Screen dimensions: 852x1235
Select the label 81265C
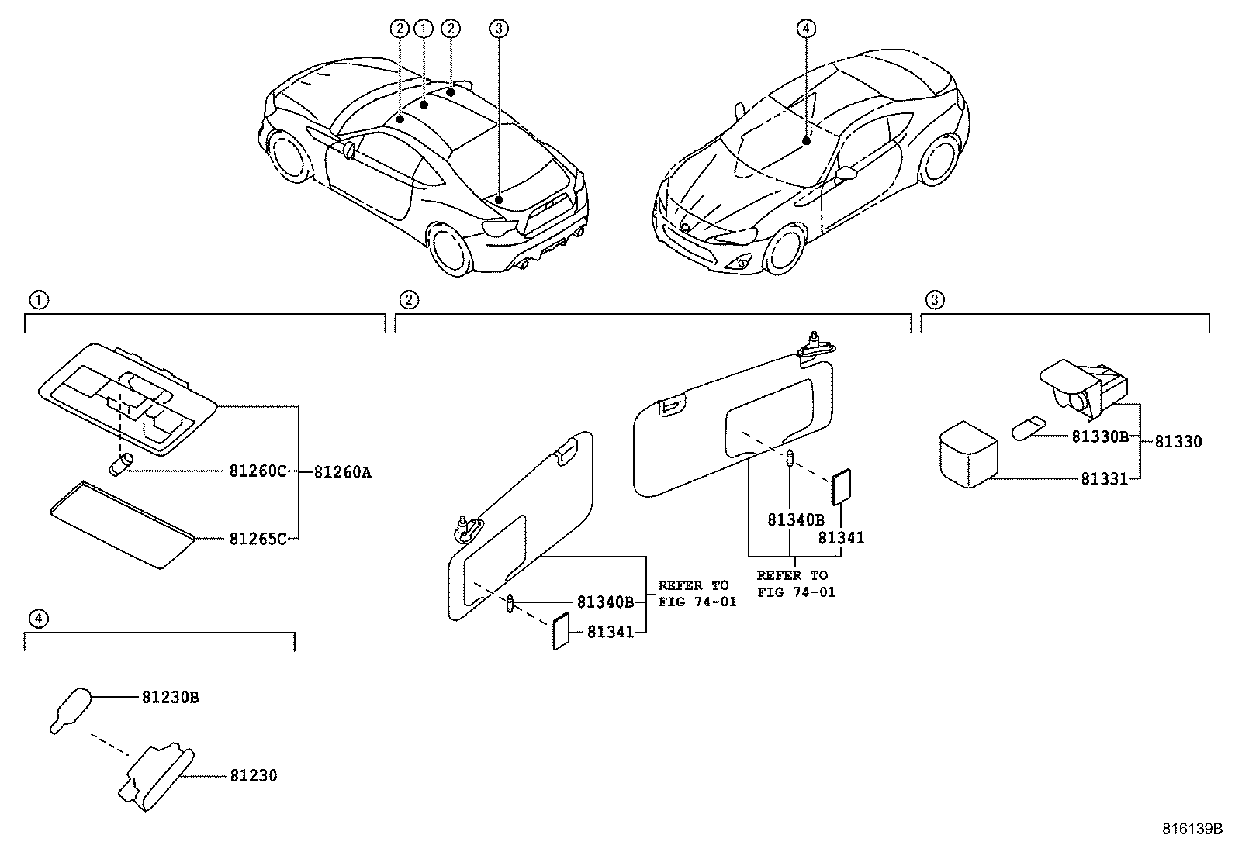pos(258,538)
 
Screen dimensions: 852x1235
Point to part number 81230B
pos(170,697)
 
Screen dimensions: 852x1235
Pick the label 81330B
pos(1099,436)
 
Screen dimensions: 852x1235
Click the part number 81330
pos(1178,441)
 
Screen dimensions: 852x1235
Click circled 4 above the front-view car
pos(806,29)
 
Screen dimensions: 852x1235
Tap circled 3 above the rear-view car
pos(499,29)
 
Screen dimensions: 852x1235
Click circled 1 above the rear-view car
pos(424,29)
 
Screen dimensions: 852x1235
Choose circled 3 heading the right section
pos(935,299)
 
